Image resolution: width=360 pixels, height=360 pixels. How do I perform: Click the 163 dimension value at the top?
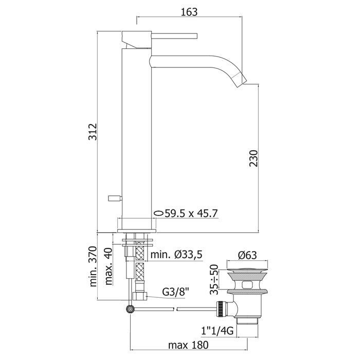click(x=189, y=12)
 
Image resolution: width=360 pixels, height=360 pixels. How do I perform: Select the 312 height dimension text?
click(x=93, y=132)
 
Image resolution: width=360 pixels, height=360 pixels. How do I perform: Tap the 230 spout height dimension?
click(x=254, y=158)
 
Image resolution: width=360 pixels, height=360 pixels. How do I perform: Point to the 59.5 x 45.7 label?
click(x=191, y=213)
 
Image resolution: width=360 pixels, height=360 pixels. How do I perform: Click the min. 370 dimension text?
click(x=93, y=266)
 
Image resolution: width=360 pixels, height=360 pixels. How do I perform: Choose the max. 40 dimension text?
click(x=109, y=266)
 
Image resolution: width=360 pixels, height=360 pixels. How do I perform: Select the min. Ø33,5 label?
click(x=176, y=255)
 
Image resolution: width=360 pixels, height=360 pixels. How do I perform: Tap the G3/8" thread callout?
click(x=175, y=292)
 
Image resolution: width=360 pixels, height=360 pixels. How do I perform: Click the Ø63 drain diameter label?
click(x=247, y=255)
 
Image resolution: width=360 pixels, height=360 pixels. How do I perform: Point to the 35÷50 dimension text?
click(x=214, y=279)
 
